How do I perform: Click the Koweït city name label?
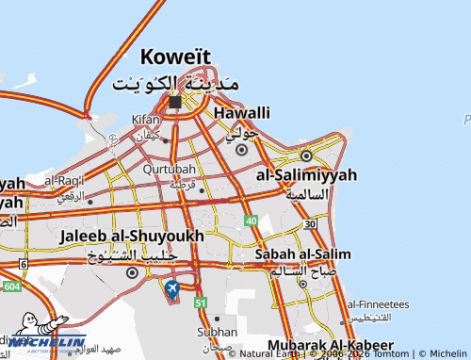coord(175,56)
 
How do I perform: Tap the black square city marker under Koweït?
coord(175,102)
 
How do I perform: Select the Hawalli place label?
coord(243,113)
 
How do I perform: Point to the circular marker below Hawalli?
coord(242,149)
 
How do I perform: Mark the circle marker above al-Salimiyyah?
coord(306,155)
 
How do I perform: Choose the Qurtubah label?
coord(170,169)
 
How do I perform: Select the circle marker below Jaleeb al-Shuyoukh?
coord(132,272)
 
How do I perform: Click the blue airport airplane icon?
coord(172,288)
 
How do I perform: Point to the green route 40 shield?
coord(251,220)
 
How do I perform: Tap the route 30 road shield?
coord(310,223)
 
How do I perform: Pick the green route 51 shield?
coord(200,303)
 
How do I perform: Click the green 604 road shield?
coord(10,286)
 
